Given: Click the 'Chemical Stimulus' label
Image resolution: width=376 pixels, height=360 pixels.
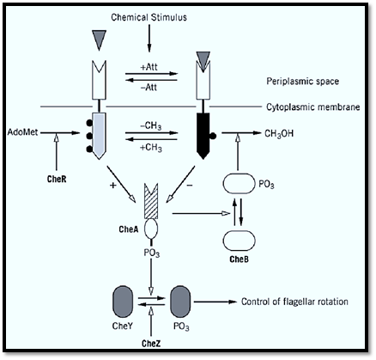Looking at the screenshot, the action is pyautogui.click(x=149, y=17).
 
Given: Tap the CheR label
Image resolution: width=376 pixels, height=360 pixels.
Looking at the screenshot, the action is pyautogui.click(x=57, y=180).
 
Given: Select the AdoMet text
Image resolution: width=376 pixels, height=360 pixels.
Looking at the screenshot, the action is pyautogui.click(x=22, y=132).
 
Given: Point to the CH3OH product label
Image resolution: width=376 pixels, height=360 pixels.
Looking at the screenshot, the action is pyautogui.click(x=279, y=134).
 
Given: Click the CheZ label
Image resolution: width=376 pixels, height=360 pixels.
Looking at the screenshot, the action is pyautogui.click(x=151, y=344).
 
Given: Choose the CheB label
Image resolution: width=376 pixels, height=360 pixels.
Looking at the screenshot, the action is pyautogui.click(x=239, y=259).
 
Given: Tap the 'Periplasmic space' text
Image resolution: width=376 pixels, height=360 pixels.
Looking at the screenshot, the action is pyautogui.click(x=303, y=82).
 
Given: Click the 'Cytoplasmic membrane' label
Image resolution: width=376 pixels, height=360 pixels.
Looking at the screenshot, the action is pyautogui.click(x=313, y=107).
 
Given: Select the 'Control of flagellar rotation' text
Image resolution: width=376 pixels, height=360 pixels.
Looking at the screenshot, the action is pyautogui.click(x=294, y=302).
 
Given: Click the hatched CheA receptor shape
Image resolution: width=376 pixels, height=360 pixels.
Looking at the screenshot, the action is pyautogui.click(x=151, y=202).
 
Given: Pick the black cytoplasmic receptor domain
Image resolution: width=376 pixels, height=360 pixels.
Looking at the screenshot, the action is pyautogui.click(x=203, y=136).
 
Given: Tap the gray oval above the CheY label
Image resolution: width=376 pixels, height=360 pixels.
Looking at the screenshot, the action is pyautogui.click(x=124, y=302).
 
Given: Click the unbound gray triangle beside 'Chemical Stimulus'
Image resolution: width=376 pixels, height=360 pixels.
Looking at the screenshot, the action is pyautogui.click(x=99, y=40).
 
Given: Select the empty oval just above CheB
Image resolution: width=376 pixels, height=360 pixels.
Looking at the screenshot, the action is pyautogui.click(x=239, y=241).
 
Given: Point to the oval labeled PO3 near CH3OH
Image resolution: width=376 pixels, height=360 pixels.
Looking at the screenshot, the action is pyautogui.click(x=239, y=184).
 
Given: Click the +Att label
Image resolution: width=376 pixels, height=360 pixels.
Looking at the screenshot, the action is pyautogui.click(x=149, y=67).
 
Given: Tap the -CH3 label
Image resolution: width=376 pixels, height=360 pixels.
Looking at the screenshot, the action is pyautogui.click(x=151, y=126).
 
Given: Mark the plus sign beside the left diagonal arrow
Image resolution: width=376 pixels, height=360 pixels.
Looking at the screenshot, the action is pyautogui.click(x=113, y=186).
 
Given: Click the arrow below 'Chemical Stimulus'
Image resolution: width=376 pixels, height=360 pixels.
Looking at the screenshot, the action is pyautogui.click(x=149, y=38).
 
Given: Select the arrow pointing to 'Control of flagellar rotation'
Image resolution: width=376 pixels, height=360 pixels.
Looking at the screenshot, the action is pyautogui.click(x=215, y=302).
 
